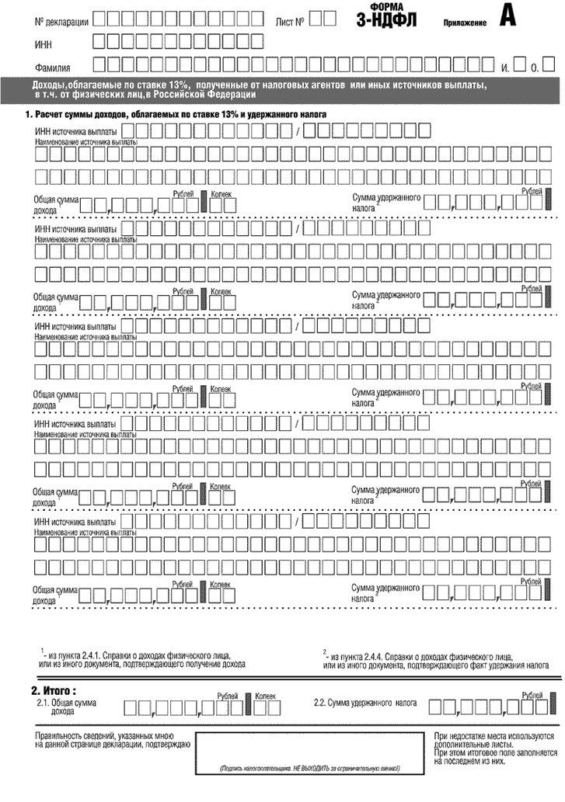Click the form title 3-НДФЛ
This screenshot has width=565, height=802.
[385, 21]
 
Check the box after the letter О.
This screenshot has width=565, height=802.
[547, 65]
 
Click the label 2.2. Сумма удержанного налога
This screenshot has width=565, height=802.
[364, 703]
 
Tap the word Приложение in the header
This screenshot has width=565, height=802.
[465, 23]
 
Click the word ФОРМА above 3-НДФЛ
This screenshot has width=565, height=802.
[385, 6]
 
